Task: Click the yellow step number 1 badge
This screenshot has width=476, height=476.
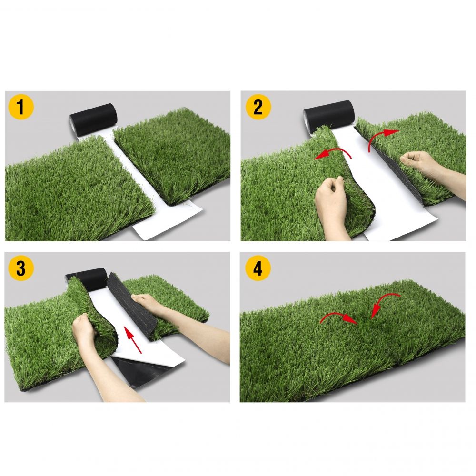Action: [x=20, y=107]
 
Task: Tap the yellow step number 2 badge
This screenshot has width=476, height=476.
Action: [x=258, y=107]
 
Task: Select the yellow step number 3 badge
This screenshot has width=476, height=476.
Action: [x=20, y=268]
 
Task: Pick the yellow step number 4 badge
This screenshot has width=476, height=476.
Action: [x=258, y=268]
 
